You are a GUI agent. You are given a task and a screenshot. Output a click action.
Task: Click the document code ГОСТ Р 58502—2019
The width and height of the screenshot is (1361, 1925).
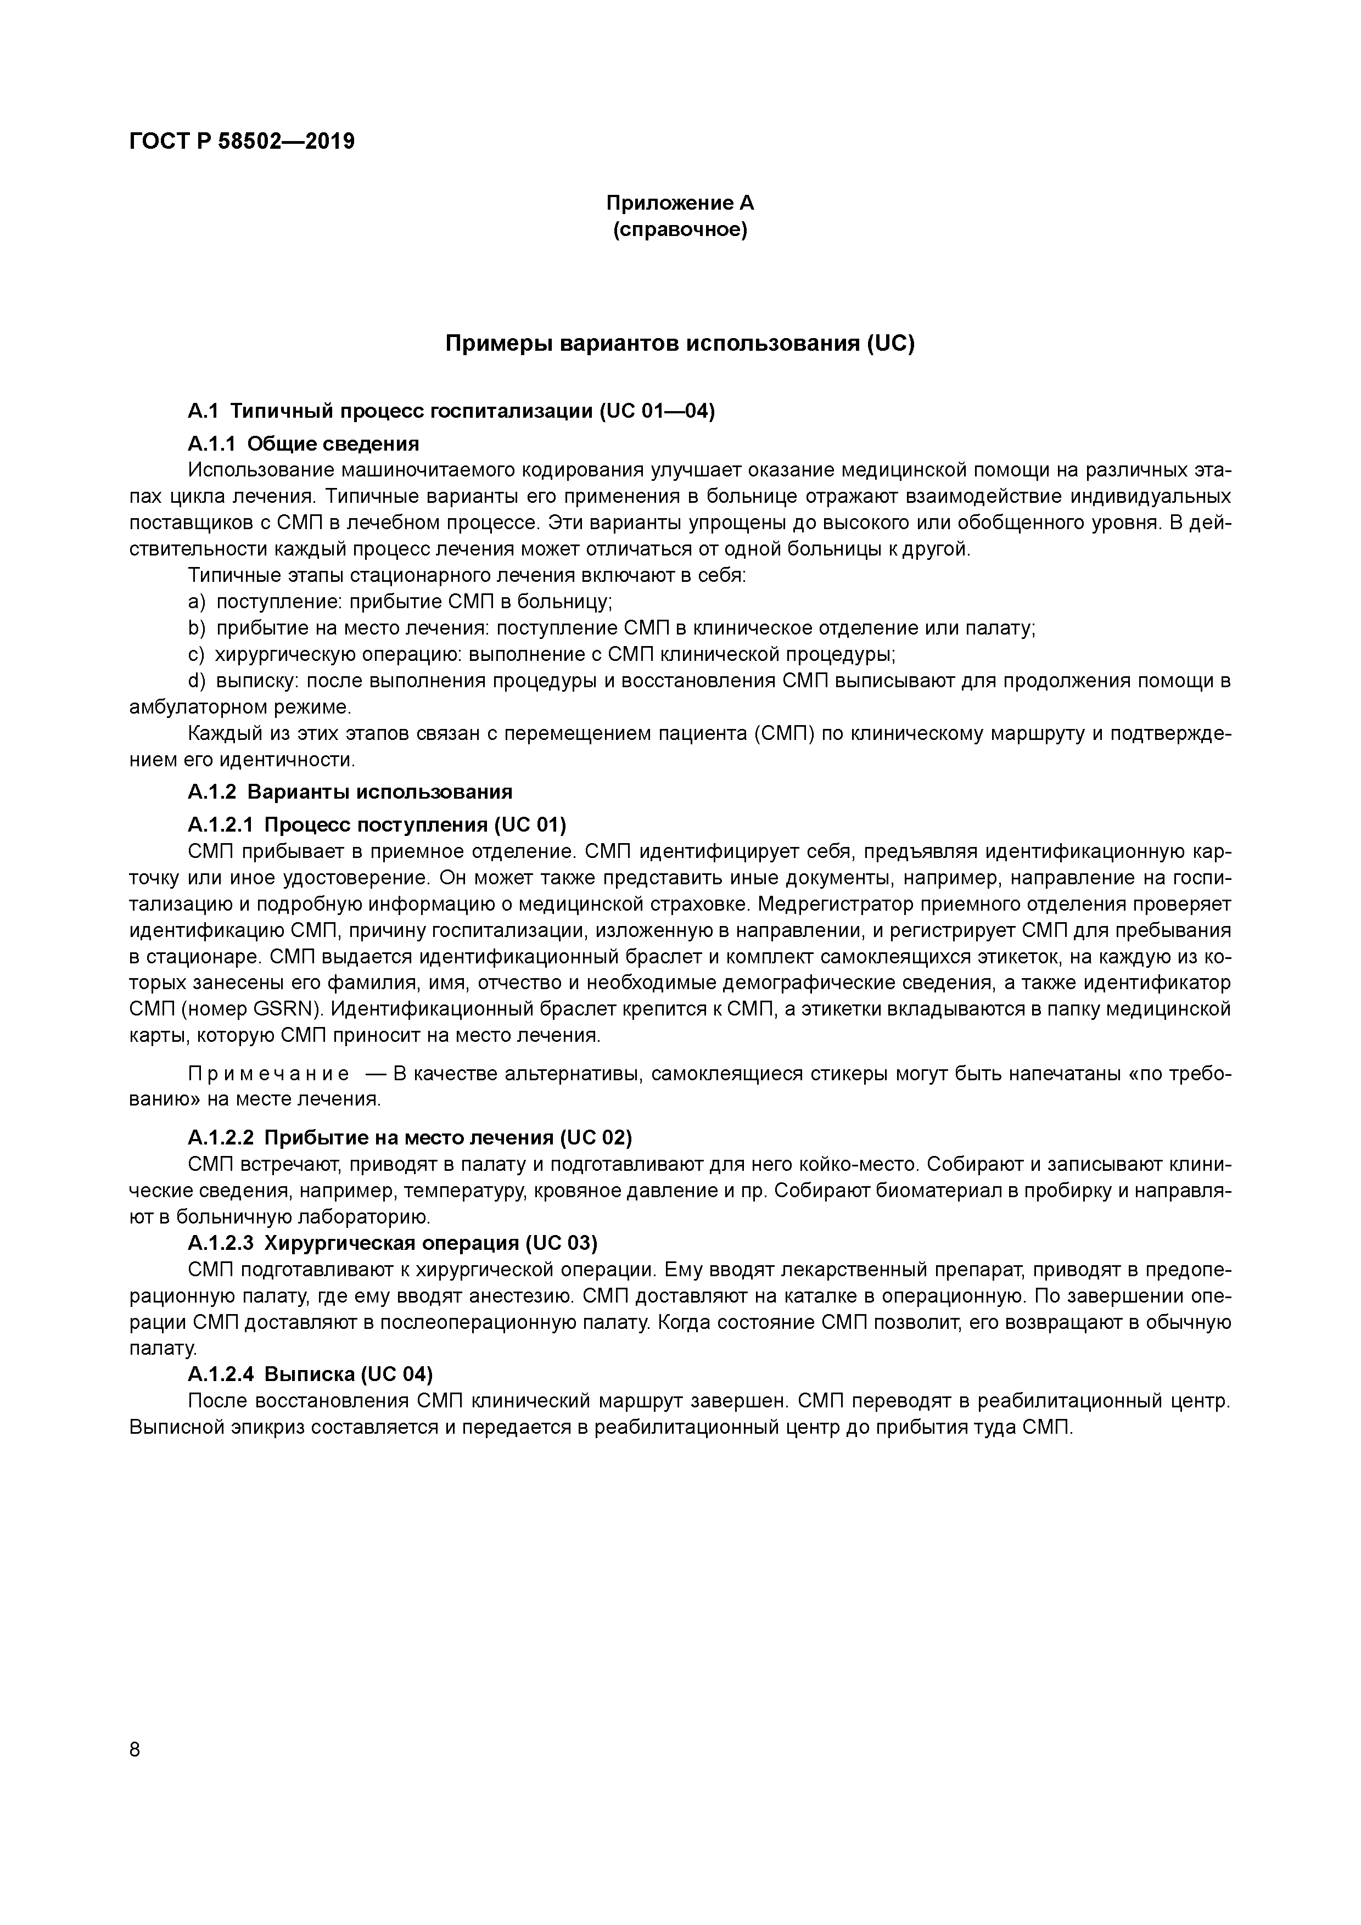tap(242, 142)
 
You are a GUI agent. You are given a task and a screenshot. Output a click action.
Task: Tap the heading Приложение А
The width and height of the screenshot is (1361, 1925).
tap(680, 203)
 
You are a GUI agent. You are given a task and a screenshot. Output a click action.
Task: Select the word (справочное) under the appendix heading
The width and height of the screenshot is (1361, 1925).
tap(680, 229)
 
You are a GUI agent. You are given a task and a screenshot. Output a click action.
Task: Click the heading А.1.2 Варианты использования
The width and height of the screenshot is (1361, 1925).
tap(350, 792)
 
